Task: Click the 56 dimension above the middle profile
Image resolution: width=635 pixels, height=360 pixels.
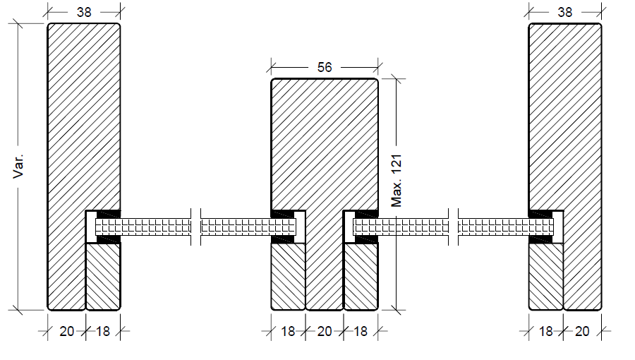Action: point(325,67)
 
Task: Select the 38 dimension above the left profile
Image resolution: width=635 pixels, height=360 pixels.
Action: point(84,12)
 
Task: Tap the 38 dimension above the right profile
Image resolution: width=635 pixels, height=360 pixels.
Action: point(565,12)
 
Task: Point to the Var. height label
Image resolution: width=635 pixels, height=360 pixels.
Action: point(20,167)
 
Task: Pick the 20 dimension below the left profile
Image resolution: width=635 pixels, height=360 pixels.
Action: point(66,331)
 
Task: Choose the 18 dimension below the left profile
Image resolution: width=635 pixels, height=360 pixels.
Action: point(103,331)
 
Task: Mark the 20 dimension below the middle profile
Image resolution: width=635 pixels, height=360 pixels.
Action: point(325,331)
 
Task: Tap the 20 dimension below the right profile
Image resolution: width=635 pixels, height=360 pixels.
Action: point(582,331)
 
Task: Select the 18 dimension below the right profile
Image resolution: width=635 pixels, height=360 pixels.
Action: point(546,331)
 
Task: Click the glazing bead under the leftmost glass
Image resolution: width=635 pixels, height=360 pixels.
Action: point(103,276)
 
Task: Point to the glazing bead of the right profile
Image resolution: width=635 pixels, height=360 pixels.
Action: point(546,276)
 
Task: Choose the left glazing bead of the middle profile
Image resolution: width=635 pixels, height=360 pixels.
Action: point(289,276)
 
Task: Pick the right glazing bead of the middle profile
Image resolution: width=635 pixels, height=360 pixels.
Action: point(361,276)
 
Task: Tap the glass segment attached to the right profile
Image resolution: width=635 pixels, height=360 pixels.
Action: point(504,227)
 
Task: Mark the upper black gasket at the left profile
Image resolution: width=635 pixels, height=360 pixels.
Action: point(109,214)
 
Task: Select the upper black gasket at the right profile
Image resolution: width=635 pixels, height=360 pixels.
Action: point(540,214)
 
